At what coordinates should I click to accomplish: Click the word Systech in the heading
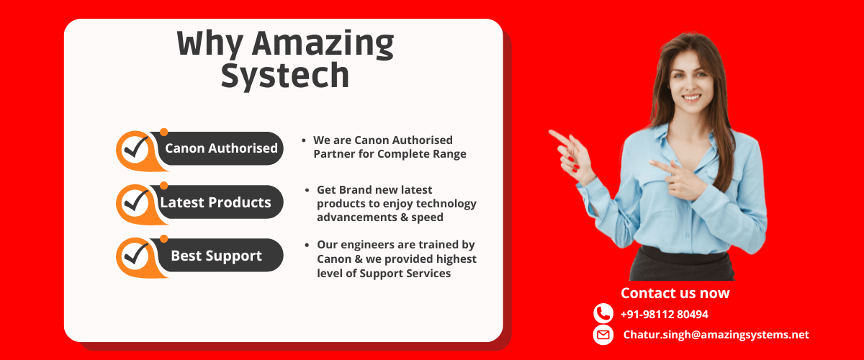(x=285, y=76)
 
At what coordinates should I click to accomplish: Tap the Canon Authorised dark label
(x=221, y=148)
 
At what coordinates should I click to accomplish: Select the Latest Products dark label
(x=216, y=202)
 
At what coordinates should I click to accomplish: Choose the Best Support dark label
(x=217, y=256)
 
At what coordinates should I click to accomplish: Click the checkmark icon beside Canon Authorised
(x=135, y=149)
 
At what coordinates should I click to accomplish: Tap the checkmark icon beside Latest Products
(x=135, y=203)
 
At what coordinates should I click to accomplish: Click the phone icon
(x=603, y=314)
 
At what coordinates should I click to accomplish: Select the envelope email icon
(x=603, y=335)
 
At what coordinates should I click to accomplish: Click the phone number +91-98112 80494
(x=664, y=315)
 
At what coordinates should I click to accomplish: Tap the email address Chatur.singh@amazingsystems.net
(x=716, y=335)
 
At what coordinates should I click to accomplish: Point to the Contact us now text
(x=675, y=293)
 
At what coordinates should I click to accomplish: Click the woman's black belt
(x=680, y=253)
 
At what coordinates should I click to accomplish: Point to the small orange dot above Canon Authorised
(x=163, y=132)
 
